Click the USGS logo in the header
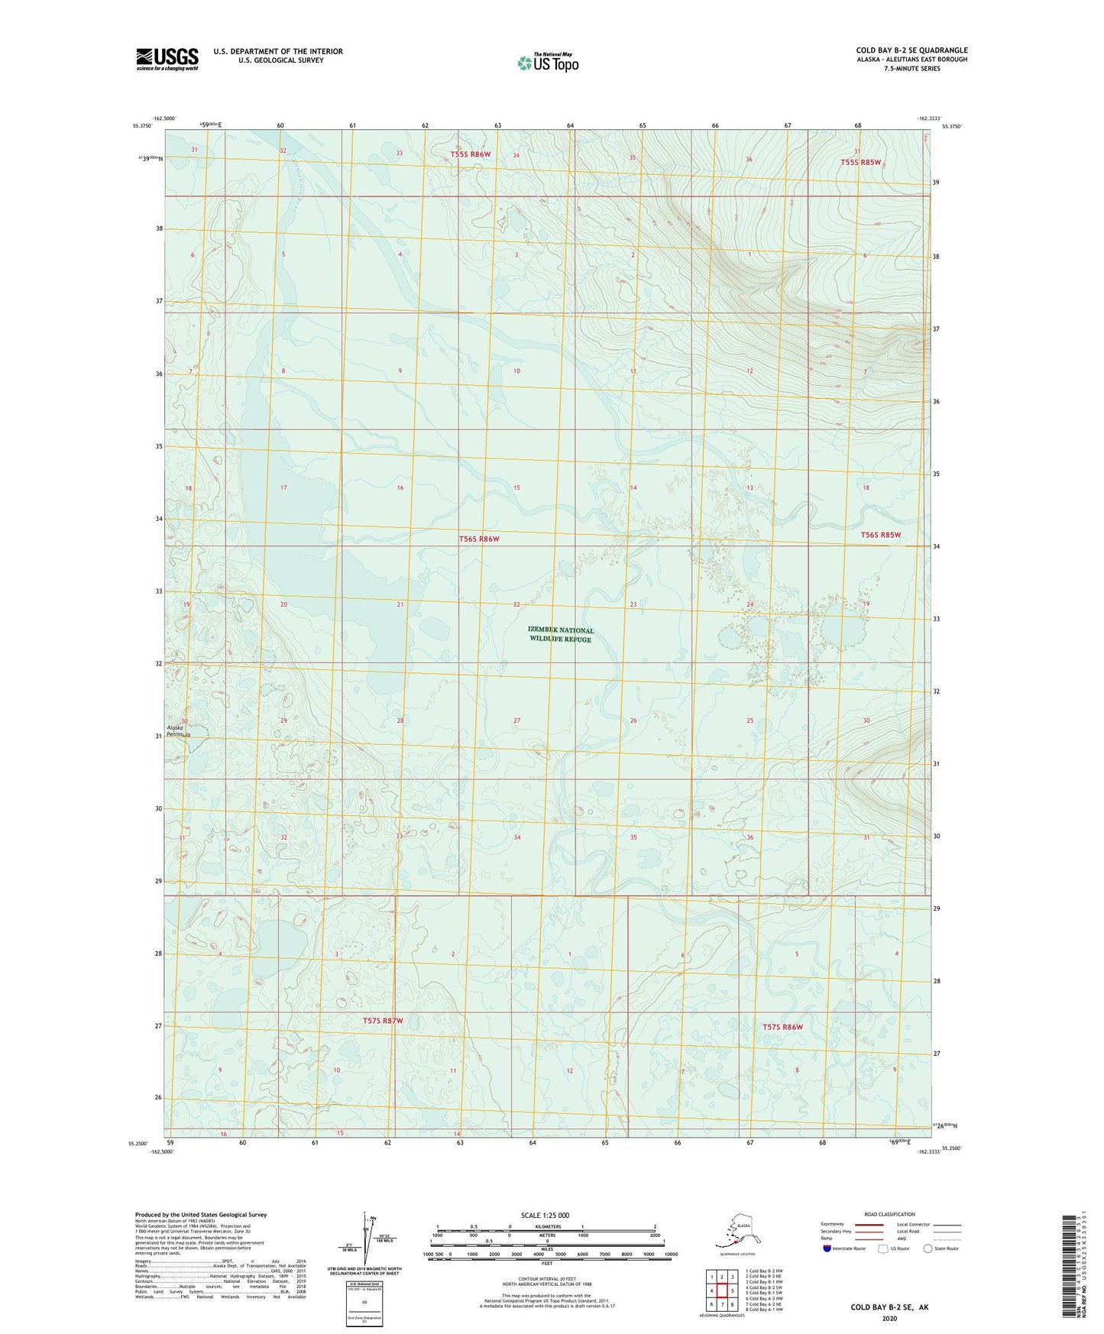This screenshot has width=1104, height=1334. click(167, 59)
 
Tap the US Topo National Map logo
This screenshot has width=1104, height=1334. click(548, 62)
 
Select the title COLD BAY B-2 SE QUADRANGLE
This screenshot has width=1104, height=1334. click(911, 50)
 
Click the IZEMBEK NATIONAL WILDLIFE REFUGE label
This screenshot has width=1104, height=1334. click(561, 635)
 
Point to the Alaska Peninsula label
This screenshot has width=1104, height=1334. click(177, 731)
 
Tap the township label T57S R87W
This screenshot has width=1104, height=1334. click(383, 1021)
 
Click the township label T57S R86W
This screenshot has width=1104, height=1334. click(782, 1027)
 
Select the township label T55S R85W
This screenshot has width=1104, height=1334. click(860, 162)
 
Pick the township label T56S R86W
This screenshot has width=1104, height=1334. click(479, 539)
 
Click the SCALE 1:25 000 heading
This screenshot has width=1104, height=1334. click(545, 1216)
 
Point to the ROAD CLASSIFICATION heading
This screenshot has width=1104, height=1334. click(889, 1214)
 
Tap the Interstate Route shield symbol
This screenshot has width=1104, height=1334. click(827, 1248)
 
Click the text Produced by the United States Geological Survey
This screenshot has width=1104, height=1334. click(200, 1214)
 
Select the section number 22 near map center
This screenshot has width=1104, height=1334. click(516, 604)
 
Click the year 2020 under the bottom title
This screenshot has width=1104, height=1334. click(889, 1318)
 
